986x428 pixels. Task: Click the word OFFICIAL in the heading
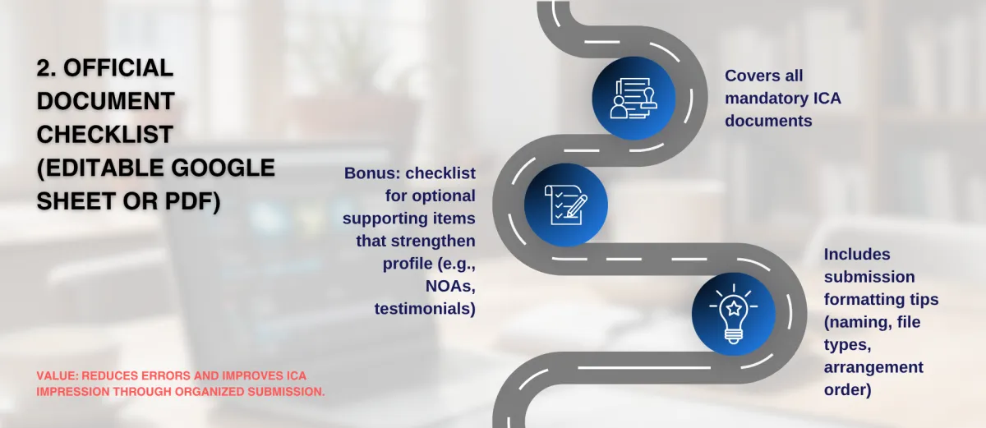[x=118, y=68]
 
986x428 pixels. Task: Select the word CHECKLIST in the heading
[x=105, y=135]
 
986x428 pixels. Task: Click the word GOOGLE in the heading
[x=223, y=168]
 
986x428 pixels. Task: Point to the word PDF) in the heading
[x=193, y=201]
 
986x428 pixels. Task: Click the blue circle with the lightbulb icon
[x=733, y=314]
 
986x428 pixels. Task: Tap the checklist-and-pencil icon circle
[x=565, y=205]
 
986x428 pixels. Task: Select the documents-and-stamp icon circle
[x=634, y=98]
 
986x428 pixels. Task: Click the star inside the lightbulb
[x=734, y=308]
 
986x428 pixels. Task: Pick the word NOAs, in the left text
[x=450, y=287]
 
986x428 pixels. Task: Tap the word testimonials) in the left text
[x=425, y=309]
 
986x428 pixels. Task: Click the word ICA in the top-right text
[x=827, y=98]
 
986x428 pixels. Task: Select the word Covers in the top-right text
[x=752, y=76]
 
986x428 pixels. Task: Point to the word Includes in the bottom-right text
[x=857, y=254]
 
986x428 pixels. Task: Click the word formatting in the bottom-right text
[x=864, y=300]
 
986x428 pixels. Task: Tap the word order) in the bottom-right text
[x=848, y=390]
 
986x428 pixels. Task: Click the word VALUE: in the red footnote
[x=58, y=376]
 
